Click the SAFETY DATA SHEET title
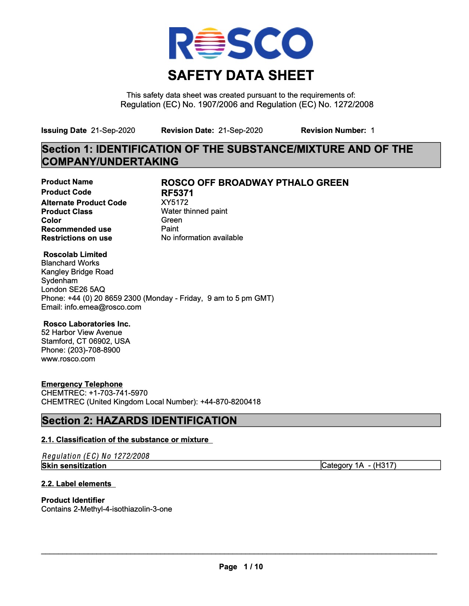tap(241, 76)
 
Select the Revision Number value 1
tap(373, 130)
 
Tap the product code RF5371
tap(177, 193)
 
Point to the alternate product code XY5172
tap(175, 202)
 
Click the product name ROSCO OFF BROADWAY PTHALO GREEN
tap(255, 183)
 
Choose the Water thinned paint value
tap(194, 211)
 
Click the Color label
tap(51, 220)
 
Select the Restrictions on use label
tap(77, 238)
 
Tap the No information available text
tap(202, 238)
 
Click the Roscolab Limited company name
tap(75, 255)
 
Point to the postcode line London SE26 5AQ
tap(73, 289)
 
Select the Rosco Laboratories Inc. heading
tap(87, 324)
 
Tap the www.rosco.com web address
tap(68, 359)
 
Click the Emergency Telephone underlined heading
tap(82, 384)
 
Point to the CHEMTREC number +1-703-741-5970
tap(118, 393)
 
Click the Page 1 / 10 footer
tap(241, 567)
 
